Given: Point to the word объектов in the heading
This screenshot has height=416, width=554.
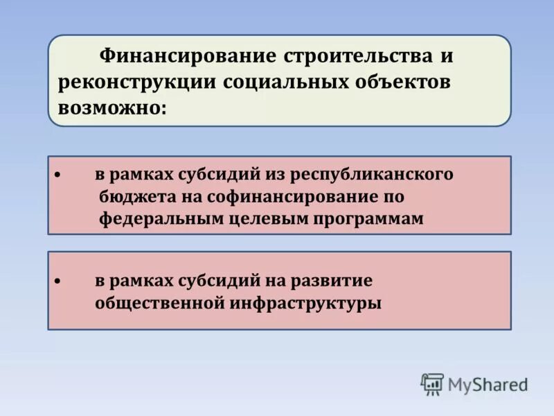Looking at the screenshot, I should point(402,82).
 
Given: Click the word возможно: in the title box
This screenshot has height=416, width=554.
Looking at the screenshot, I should point(112,109).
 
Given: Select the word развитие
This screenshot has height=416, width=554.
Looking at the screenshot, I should point(337,281).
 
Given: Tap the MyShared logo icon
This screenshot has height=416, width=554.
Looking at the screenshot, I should point(432,384).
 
